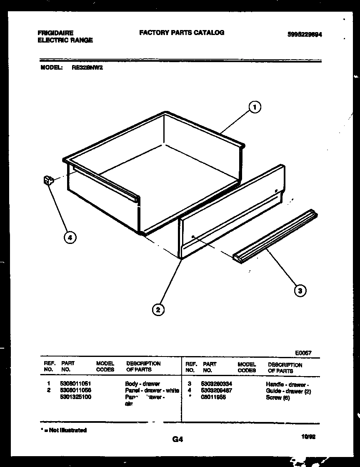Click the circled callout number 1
[255, 108]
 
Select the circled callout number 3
[300, 290]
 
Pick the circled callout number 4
[70, 237]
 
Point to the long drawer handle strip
[275, 236]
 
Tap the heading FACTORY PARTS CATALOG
[182, 33]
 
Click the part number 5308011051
[76, 383]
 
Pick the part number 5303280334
[216, 384]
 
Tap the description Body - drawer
[142, 384]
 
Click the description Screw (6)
[277, 398]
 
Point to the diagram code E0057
[303, 353]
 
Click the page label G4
[177, 439]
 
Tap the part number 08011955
[213, 397]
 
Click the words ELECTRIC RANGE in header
[65, 40]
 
